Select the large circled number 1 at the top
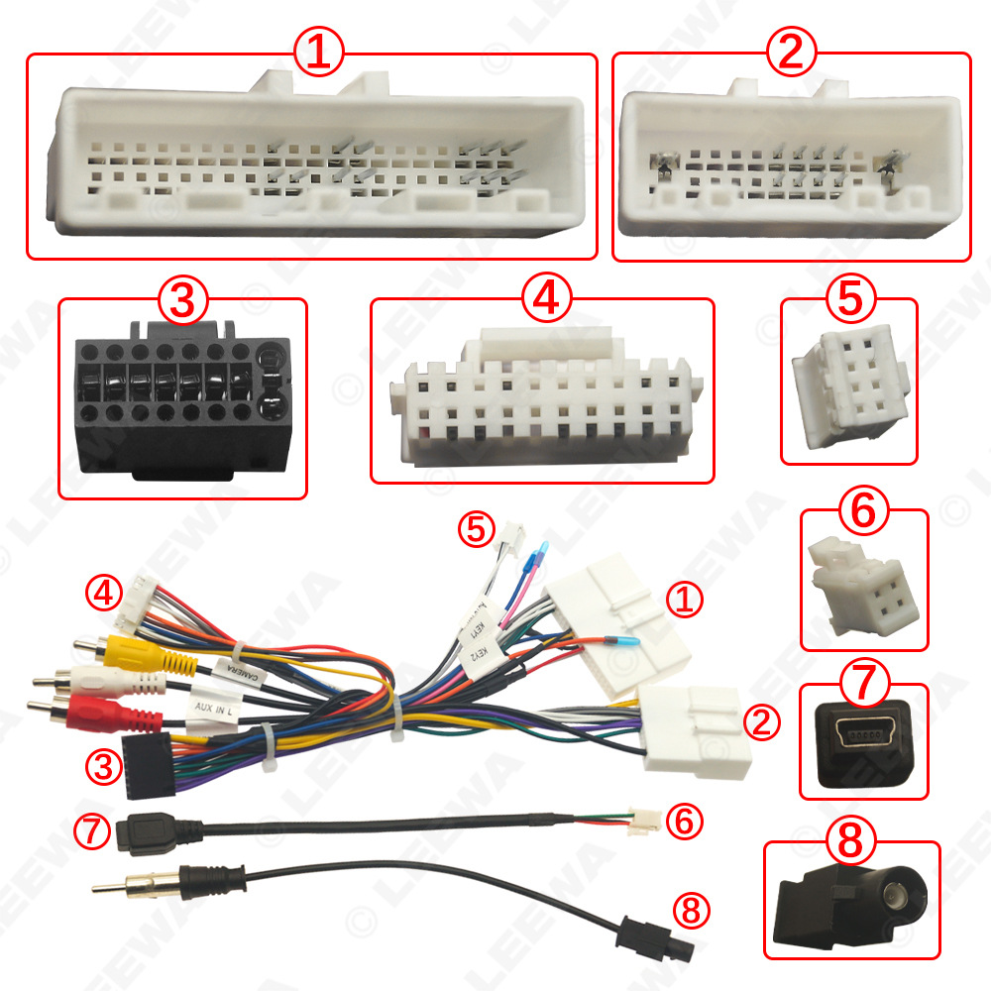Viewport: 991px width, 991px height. coord(318,53)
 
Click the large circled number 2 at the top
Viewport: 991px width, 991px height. coord(790,53)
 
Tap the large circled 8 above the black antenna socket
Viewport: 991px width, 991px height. coord(851,844)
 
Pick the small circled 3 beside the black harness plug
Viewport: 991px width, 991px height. coord(101,764)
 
